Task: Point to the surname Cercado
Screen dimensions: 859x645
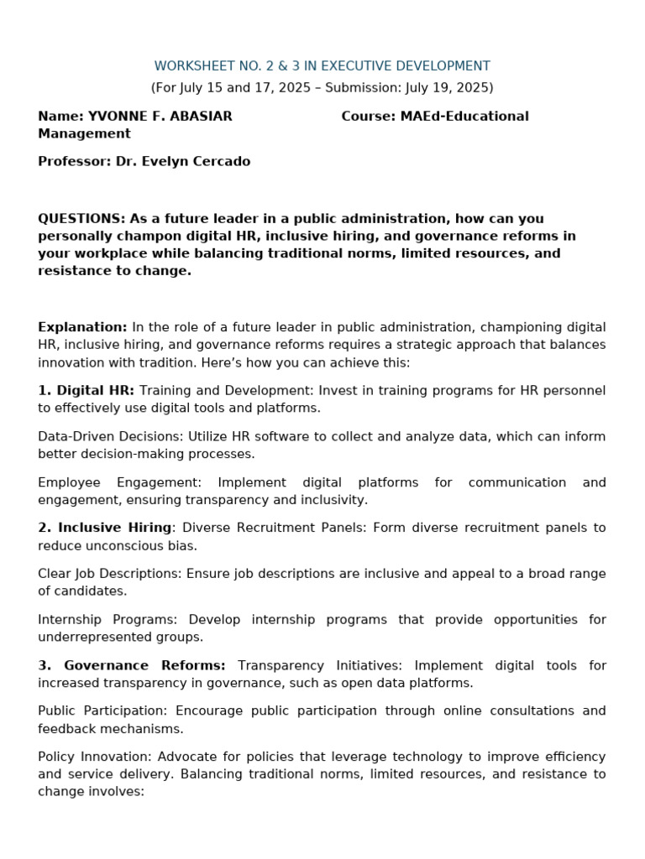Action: tap(222, 162)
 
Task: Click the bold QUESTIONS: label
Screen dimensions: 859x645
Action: tap(81, 219)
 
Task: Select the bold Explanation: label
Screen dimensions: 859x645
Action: tap(82, 327)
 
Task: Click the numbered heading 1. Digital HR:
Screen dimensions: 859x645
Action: tap(86, 391)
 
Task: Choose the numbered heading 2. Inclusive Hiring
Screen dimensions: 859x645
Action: tap(104, 528)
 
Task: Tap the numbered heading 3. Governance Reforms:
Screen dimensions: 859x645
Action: tap(131, 666)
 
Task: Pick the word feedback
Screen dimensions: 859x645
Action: tap(68, 729)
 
